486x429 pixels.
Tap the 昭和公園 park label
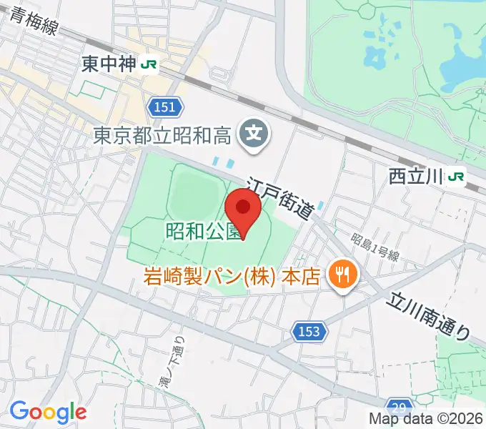coord(202,232)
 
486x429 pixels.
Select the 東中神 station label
coord(108,64)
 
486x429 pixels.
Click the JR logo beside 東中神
coord(149,64)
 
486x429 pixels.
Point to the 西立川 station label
coord(416,175)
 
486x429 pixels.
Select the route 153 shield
coord(309,331)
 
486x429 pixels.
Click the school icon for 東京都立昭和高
coord(254,132)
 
